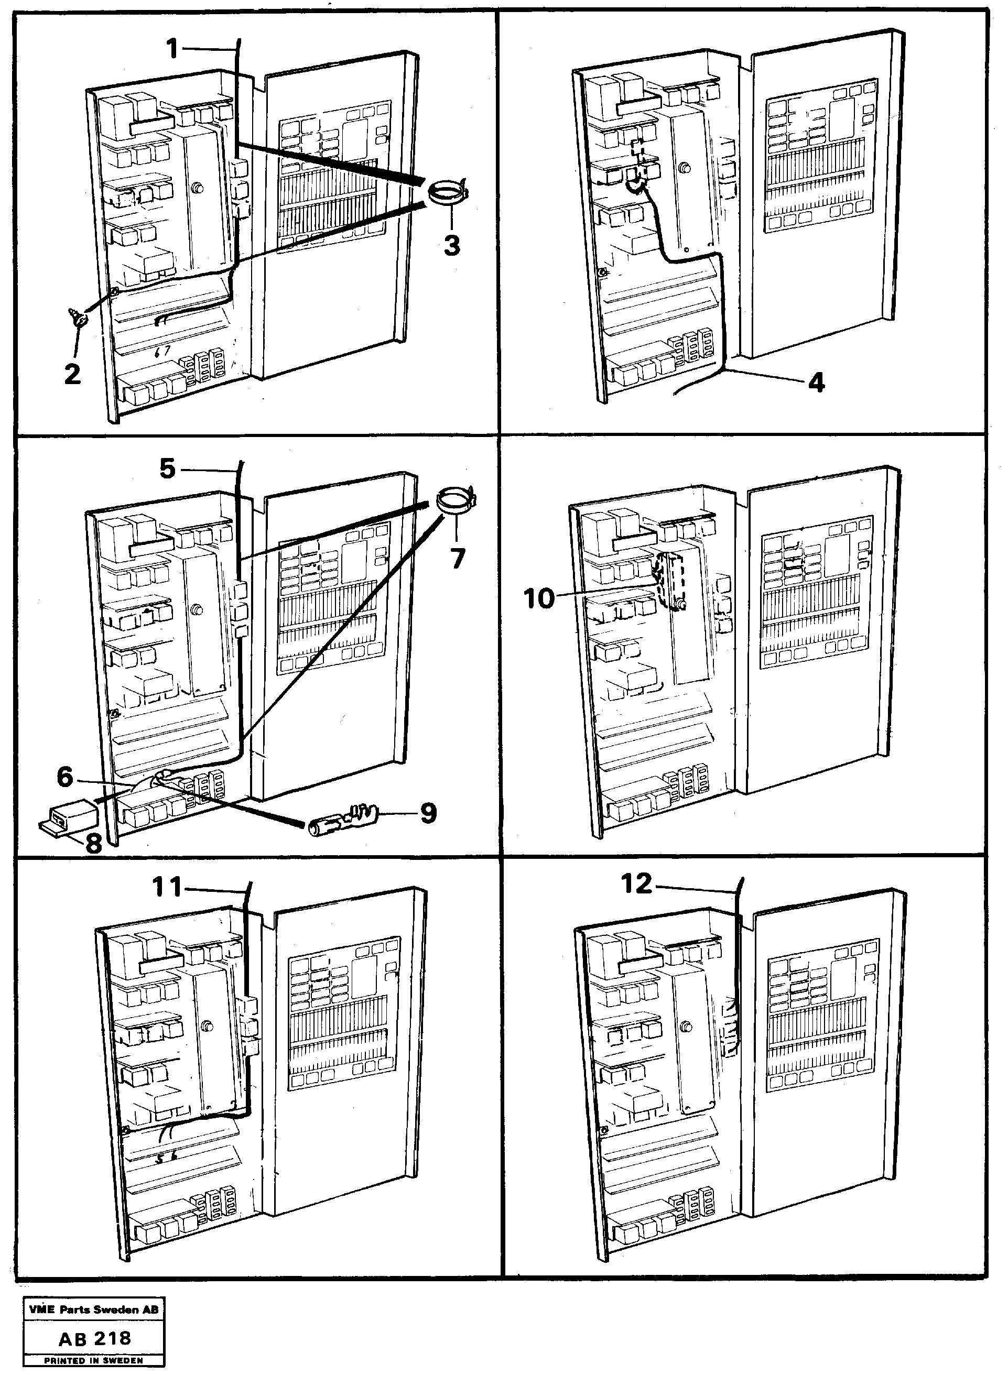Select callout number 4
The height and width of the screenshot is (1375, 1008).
pos(816,383)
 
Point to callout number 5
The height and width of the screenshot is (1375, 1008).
pos(168,468)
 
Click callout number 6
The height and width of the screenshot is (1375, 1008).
pos(66,777)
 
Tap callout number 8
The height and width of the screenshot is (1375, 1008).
pos(93,844)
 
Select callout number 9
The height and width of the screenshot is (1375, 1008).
pos(428,813)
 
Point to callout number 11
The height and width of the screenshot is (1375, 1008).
pos(168,888)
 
